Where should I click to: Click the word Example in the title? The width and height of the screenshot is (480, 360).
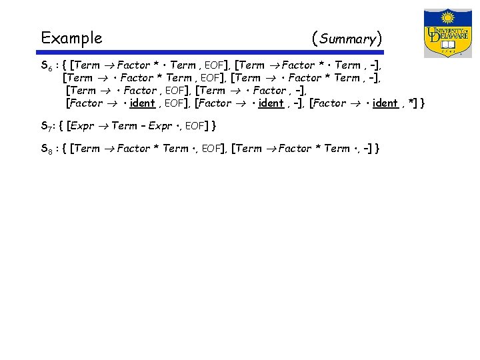pyautogui.click(x=71, y=38)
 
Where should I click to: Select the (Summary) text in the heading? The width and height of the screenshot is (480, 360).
pyautogui.click(x=347, y=39)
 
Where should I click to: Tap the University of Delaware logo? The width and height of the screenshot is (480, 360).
pyautogui.click(x=447, y=33)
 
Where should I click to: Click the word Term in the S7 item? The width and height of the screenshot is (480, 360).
pyautogui.click(x=125, y=125)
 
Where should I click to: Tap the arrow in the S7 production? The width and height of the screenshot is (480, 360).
pyautogui.click(x=103, y=125)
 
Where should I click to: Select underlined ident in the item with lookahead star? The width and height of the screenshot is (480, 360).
pyautogui.click(x=383, y=103)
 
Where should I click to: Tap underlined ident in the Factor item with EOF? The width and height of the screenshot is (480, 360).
pyautogui.click(x=142, y=103)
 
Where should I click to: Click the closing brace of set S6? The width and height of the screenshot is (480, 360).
pyautogui.click(x=423, y=103)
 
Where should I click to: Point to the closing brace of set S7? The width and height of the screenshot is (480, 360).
pyautogui.click(x=214, y=125)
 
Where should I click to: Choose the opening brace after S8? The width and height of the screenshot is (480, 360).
pyautogui.click(x=64, y=149)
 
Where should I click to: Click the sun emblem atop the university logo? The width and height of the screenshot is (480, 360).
pyautogui.click(x=447, y=18)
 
